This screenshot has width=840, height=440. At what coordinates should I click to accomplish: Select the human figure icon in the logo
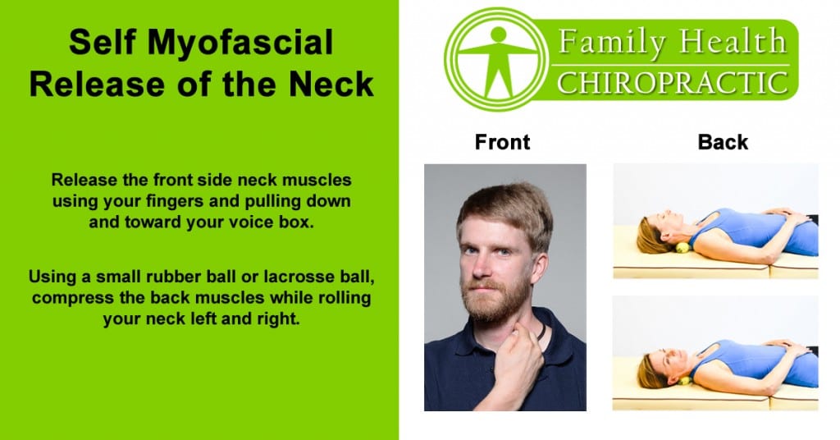pos(495,62)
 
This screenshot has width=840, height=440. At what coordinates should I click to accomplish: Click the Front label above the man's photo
pos(502,142)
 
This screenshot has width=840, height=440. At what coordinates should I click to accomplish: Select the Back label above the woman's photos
pos(723,142)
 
